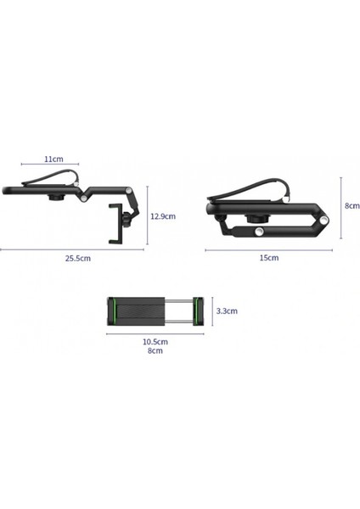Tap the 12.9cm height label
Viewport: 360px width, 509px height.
click(161, 215)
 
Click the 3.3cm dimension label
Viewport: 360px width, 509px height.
click(226, 310)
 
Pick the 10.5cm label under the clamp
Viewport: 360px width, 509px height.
click(155, 341)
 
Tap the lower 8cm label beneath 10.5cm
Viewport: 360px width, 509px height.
click(155, 350)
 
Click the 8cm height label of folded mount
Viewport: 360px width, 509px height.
click(350, 204)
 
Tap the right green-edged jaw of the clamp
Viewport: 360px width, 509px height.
click(198, 310)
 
